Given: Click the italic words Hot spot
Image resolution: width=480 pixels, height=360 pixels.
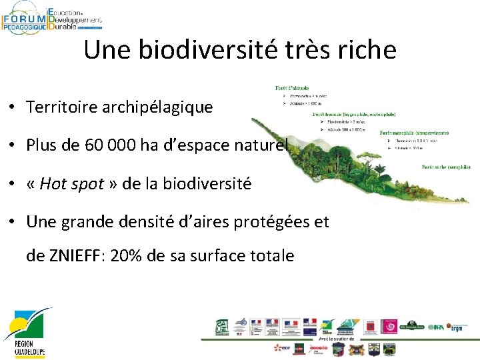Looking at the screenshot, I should pos(72,184).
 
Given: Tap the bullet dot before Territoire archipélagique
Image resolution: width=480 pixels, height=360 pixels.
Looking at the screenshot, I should pos(13,107).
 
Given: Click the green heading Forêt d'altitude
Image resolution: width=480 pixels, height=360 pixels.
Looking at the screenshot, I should pos(293,88).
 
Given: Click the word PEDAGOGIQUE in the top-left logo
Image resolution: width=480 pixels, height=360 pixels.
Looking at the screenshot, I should pos(24,27).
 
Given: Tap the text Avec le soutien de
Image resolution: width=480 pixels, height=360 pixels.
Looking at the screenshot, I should pos(333,339).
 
